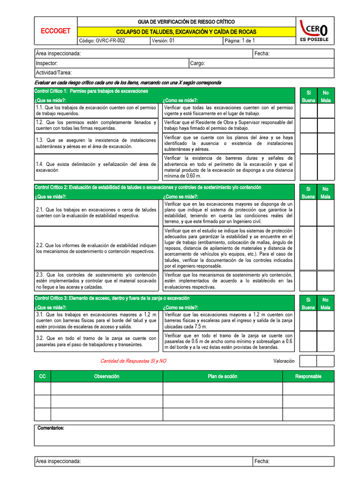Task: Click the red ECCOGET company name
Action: click(55, 31)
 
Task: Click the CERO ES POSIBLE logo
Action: click(314, 31)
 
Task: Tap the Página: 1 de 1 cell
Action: click(240, 41)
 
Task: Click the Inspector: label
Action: click(47, 63)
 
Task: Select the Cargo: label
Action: click(197, 63)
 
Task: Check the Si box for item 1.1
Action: click(308, 111)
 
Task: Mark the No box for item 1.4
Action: click(325, 167)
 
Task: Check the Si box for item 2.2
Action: click(308, 248)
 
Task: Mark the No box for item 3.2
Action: click(325, 341)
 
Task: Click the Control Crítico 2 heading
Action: click(148, 187)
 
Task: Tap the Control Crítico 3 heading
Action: click(112, 298)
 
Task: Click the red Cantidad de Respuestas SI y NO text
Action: click(133, 361)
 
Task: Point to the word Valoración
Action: click(284, 361)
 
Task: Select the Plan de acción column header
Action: click(223, 376)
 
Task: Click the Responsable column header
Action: click(308, 376)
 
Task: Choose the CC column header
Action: click(42, 376)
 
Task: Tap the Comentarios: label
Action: click(51, 428)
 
